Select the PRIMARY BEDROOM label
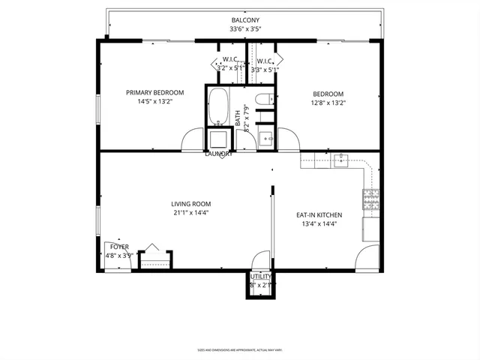pos(154,93)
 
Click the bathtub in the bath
pos(218,106)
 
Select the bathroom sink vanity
pos(265,138)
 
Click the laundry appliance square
pos(218,139)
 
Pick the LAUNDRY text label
pos(218,154)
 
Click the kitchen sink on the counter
pos(341,158)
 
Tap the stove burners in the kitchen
pos(371,199)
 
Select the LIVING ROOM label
pos(190,203)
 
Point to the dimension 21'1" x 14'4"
pos(190,212)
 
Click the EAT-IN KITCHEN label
pos(319,214)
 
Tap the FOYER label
pos(119,246)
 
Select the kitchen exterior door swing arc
pos(369,258)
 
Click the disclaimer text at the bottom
pos(240,349)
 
